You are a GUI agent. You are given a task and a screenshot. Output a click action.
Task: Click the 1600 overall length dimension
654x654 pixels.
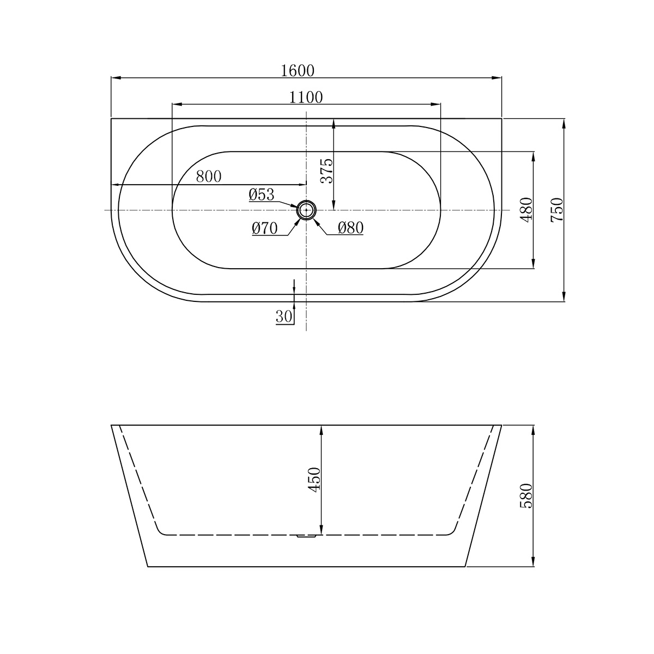[x=298, y=71]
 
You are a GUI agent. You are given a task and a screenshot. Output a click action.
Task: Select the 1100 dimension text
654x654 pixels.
[x=306, y=98]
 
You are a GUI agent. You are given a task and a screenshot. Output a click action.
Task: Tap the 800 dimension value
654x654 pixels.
[x=209, y=177]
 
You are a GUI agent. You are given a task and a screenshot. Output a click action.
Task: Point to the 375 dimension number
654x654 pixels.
[x=327, y=171]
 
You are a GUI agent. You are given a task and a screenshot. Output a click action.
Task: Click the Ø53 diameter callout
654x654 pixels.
[x=262, y=195]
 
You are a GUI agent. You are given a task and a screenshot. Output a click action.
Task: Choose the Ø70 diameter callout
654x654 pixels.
[x=265, y=228]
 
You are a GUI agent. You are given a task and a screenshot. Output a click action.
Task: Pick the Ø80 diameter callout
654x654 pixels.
[x=350, y=228]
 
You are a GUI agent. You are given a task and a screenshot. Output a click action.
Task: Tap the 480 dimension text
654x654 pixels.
[x=526, y=209]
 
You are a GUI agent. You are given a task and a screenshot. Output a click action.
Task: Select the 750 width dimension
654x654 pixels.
[x=557, y=210]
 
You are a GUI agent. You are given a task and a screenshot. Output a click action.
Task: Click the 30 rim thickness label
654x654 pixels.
[x=284, y=317]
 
